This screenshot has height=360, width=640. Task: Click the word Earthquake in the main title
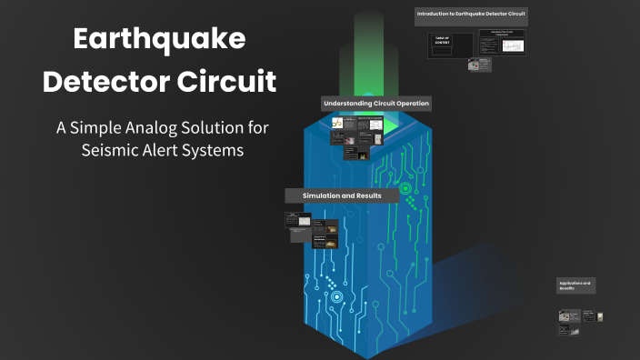[159, 39]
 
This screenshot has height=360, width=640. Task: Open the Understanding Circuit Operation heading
[375, 104]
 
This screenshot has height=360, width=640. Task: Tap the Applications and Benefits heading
[575, 285]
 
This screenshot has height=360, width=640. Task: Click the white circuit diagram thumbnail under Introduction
[503, 44]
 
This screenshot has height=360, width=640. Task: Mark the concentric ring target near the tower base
[336, 296]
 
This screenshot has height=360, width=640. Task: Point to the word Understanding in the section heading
[350, 104]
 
